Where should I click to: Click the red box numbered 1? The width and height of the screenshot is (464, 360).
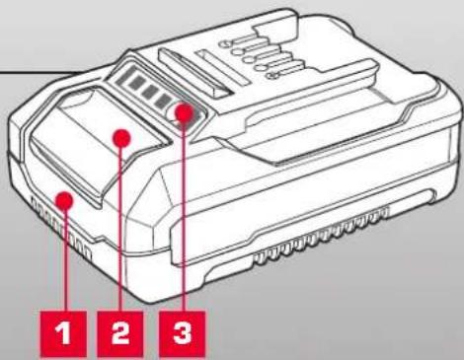[x=63, y=333]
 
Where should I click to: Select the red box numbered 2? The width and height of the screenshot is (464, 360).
[x=120, y=333]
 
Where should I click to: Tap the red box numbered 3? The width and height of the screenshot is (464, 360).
[x=183, y=333]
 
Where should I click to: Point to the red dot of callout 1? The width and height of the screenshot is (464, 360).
[x=64, y=200]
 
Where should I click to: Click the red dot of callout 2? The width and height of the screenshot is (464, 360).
[x=121, y=138]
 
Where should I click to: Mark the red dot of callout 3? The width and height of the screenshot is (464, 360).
[x=184, y=112]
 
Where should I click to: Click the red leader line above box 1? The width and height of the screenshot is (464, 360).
[x=66, y=260]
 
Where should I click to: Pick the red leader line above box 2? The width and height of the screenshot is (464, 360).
[x=120, y=230]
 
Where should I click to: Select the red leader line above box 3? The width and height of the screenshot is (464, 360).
[x=184, y=217]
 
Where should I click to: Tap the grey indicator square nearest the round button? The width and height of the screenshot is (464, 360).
[x=161, y=102]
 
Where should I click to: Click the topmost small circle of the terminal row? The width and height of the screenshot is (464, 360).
[x=225, y=43]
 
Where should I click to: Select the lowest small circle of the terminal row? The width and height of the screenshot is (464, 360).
[x=272, y=75]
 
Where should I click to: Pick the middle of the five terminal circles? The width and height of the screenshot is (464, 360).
[x=249, y=60]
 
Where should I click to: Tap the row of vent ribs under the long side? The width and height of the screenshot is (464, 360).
[x=321, y=237]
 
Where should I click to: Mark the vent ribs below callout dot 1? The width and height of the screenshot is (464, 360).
[x=61, y=227]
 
